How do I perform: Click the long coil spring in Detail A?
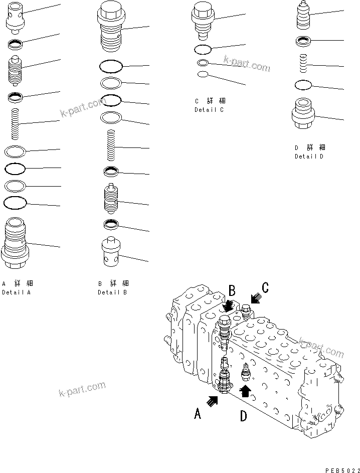(x=15, y=124)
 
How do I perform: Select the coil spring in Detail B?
(x=112, y=145)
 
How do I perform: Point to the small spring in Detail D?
(x=304, y=64)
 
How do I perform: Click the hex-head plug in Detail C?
(x=203, y=21)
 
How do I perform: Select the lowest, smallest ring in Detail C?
(x=203, y=75)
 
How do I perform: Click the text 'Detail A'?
(x=16, y=292)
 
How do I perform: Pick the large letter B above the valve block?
(x=232, y=290)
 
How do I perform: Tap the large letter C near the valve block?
(x=265, y=287)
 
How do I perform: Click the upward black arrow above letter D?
(x=245, y=390)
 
